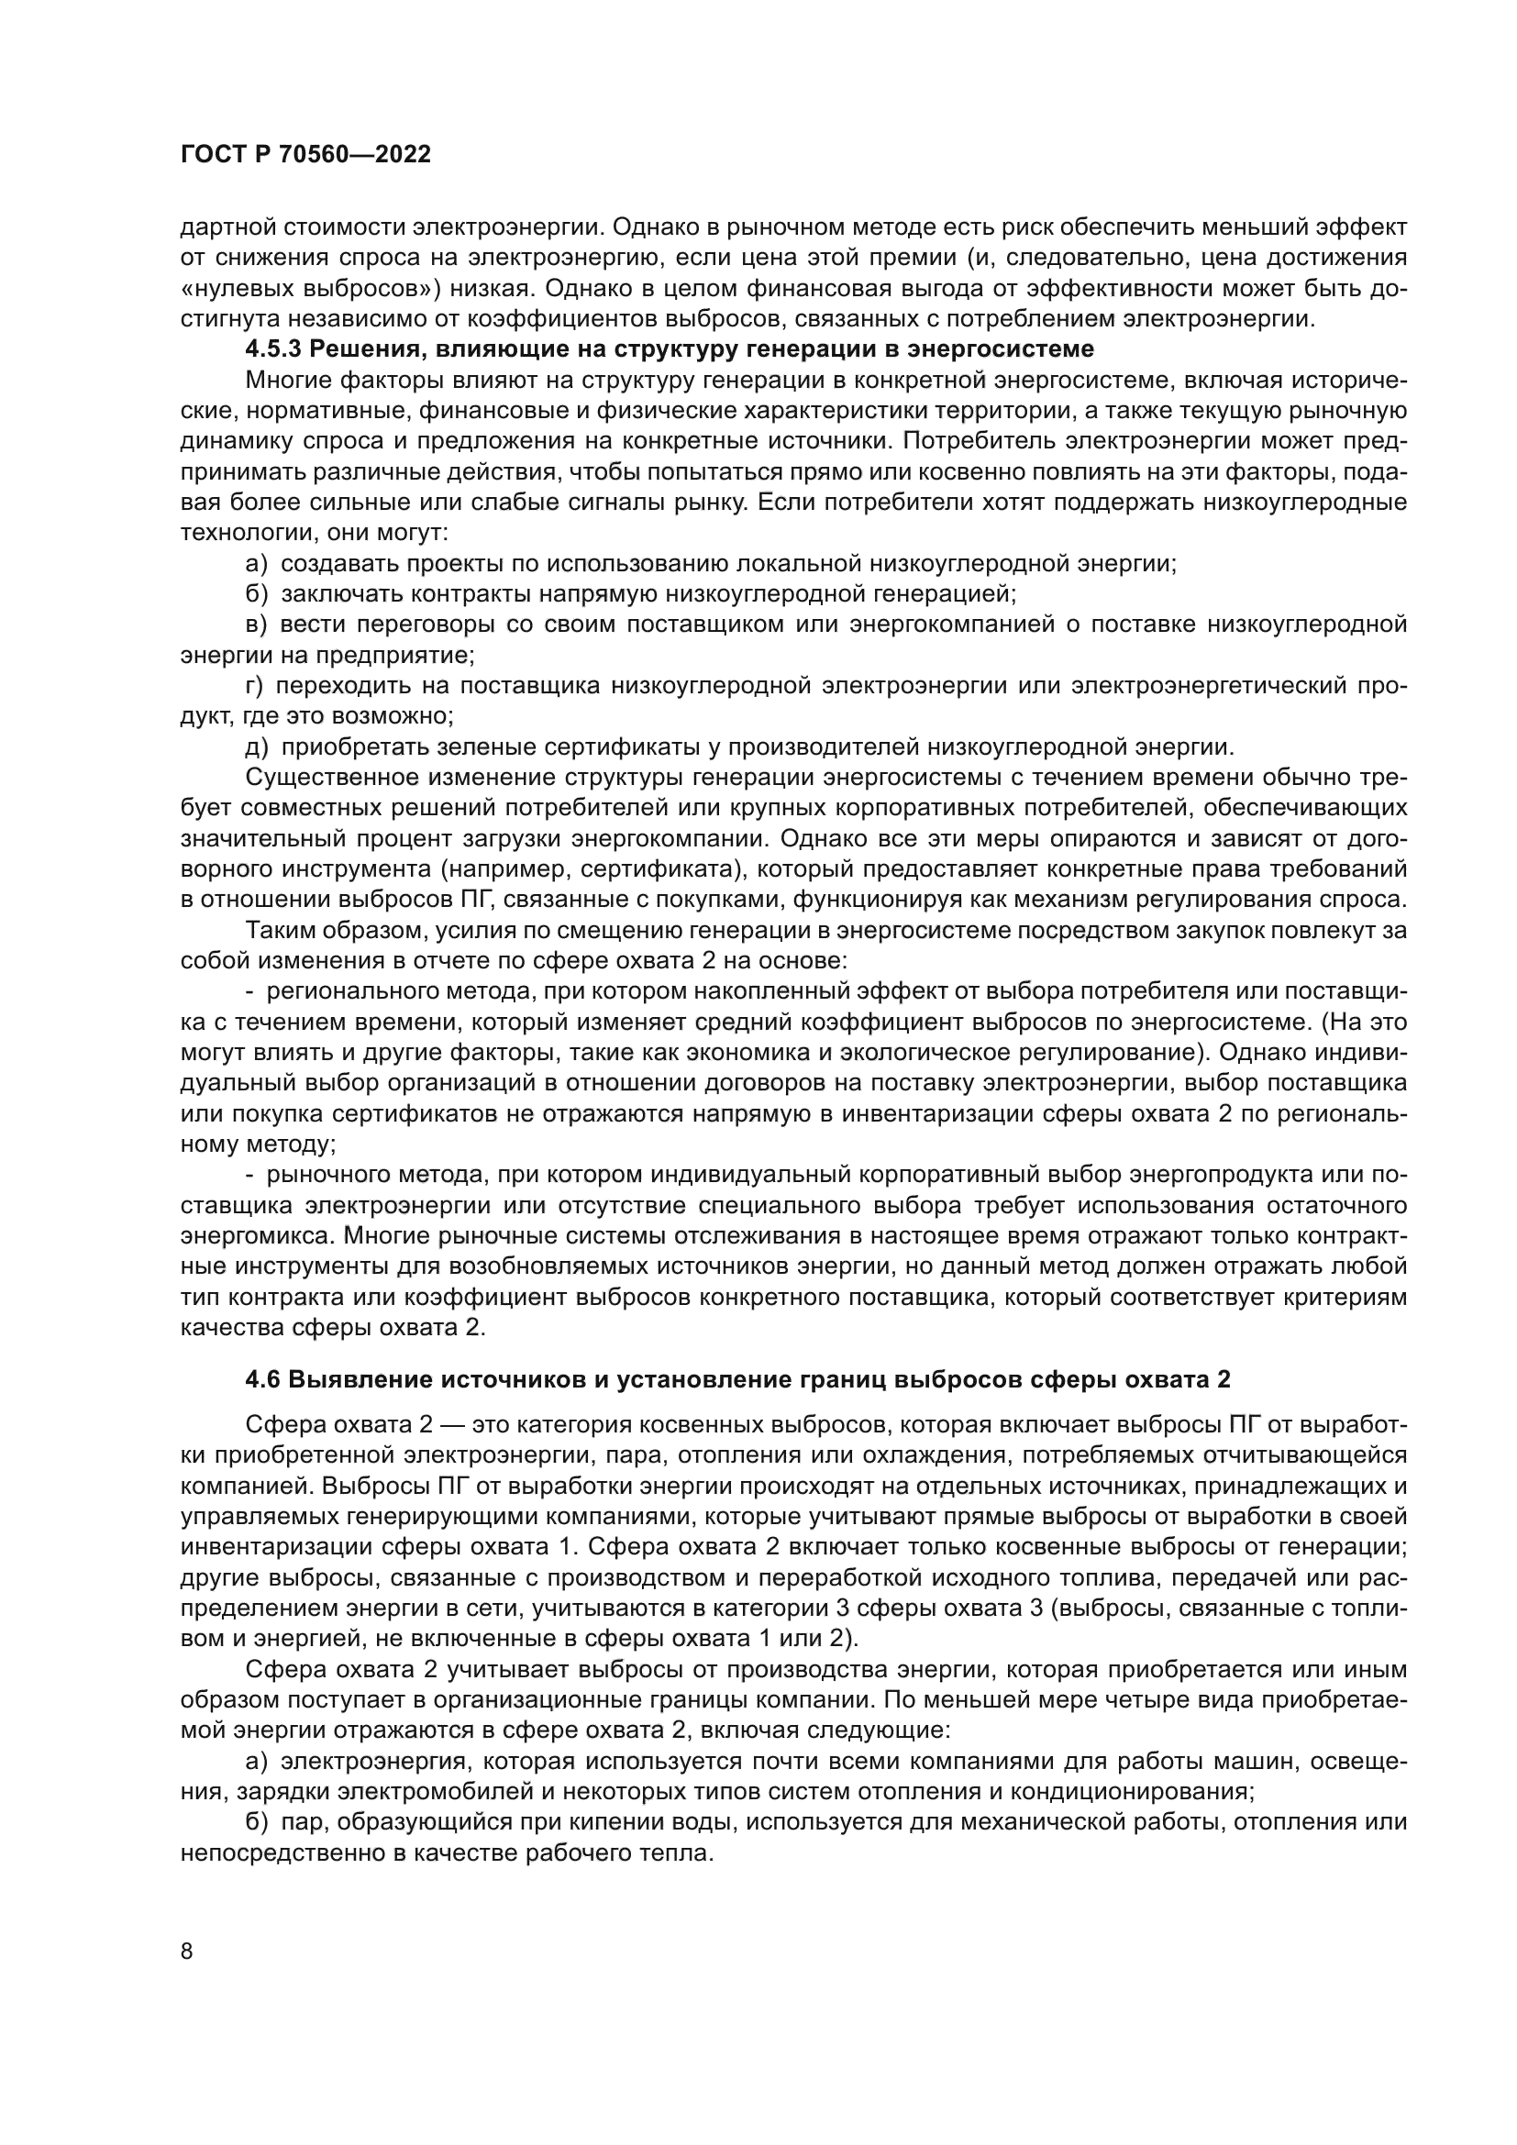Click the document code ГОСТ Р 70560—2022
pos(305,155)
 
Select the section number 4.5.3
pos(273,349)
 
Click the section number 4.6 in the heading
pos(263,1379)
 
